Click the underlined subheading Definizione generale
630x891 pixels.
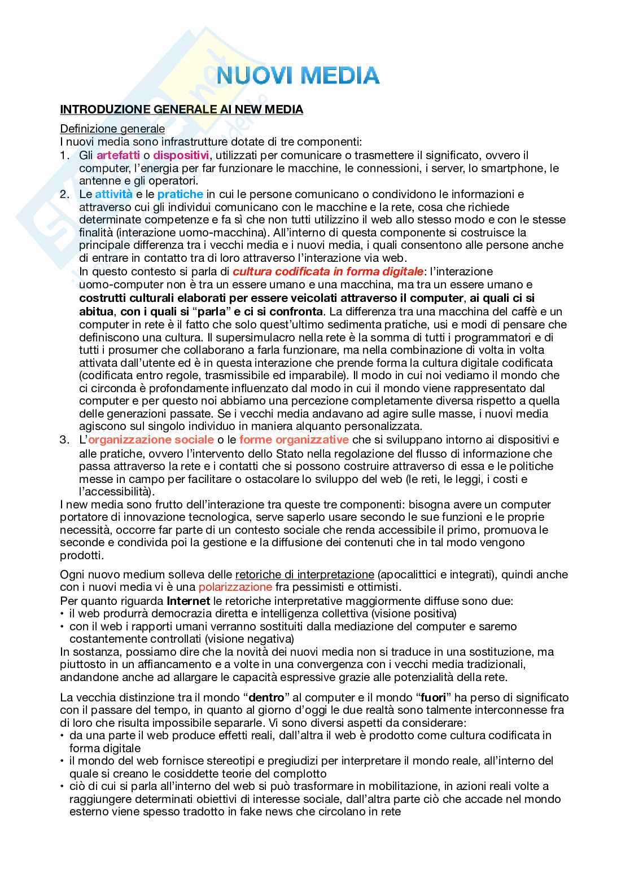click(x=112, y=129)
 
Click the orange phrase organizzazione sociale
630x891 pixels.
click(x=151, y=440)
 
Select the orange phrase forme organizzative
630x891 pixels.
click(x=294, y=440)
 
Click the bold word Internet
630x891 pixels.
click(x=184, y=600)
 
